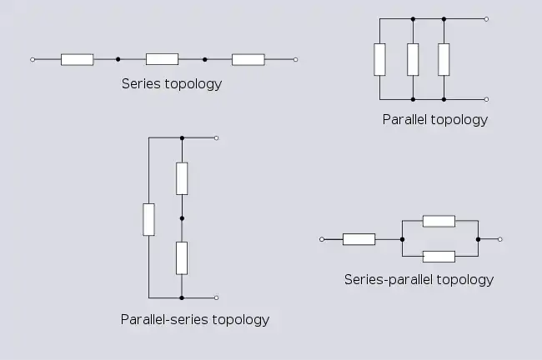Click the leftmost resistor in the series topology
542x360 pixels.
[x=77, y=59]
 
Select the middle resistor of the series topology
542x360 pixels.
[x=162, y=59]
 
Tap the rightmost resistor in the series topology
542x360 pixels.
[x=248, y=59]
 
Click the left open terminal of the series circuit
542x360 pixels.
[x=32, y=59]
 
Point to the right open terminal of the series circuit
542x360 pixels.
[x=295, y=59]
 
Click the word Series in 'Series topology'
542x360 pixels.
[x=139, y=83]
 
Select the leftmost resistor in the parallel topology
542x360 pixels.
[x=380, y=58]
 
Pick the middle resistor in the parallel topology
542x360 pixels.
[x=412, y=58]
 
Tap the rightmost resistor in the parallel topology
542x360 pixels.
[x=444, y=58]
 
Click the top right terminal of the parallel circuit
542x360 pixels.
[x=486, y=17]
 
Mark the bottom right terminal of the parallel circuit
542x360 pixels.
[x=486, y=99]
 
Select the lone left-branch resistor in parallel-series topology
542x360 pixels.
[x=148, y=218]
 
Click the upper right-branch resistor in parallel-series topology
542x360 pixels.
[x=182, y=178]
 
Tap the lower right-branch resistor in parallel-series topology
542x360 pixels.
[x=182, y=257]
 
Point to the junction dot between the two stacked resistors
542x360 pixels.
[x=182, y=218]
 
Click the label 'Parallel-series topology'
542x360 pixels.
[x=194, y=319]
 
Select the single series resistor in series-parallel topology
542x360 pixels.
[x=359, y=239]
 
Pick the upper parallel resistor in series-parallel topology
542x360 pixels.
[x=439, y=221]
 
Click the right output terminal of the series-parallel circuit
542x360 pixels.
[x=499, y=239]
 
